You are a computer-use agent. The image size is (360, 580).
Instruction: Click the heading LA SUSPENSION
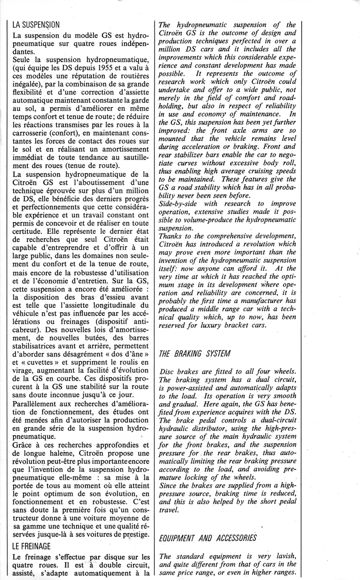pyautogui.click(x=37, y=25)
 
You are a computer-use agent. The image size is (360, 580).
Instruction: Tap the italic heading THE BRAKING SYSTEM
pyautogui.click(x=195, y=353)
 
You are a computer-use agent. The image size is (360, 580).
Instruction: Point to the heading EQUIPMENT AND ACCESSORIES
pyautogui.click(x=208, y=538)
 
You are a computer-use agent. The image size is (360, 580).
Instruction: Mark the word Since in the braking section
pyautogui.click(x=169, y=486)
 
